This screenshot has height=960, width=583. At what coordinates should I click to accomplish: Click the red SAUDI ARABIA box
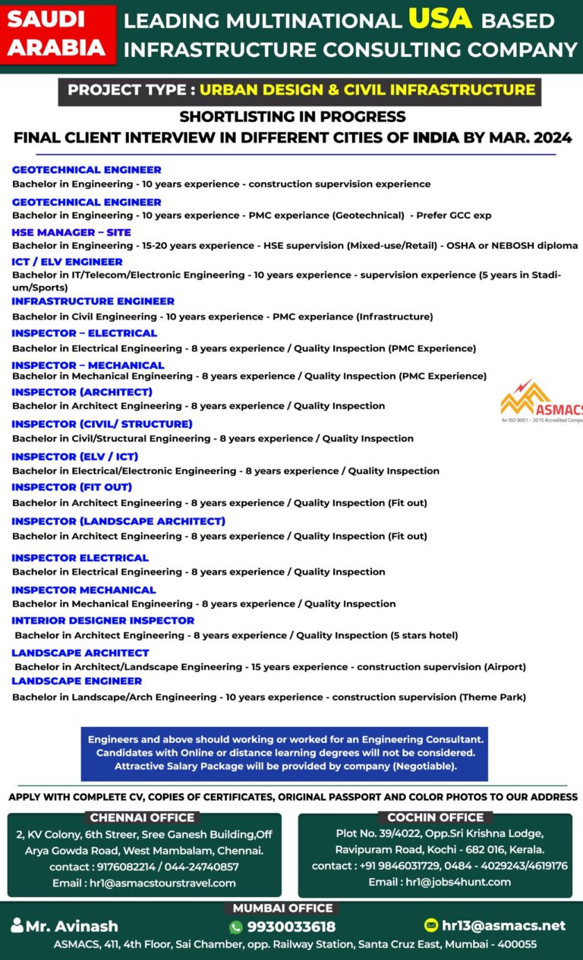[x=57, y=34]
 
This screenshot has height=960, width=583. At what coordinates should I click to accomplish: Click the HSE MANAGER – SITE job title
[x=71, y=232]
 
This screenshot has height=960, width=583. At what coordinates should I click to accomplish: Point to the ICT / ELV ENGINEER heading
[x=67, y=262]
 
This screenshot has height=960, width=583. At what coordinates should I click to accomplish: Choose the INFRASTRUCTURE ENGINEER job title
[x=93, y=301]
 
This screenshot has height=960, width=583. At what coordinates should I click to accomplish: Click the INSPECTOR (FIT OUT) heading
[x=71, y=487]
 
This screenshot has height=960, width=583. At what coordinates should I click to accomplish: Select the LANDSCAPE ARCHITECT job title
[x=80, y=653]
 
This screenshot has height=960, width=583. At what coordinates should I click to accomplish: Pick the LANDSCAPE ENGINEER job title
[x=77, y=681]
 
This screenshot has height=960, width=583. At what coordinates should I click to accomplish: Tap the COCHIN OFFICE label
[x=435, y=817]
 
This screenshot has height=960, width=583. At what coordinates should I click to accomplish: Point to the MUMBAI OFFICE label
[x=282, y=908]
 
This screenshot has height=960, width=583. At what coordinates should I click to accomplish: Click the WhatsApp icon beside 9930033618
[x=236, y=927]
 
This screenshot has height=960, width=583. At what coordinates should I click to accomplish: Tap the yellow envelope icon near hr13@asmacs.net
[x=431, y=925]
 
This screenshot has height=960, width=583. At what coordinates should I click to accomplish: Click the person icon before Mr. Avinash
[x=17, y=926]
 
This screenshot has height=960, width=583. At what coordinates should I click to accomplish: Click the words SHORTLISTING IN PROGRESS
[x=292, y=117]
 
